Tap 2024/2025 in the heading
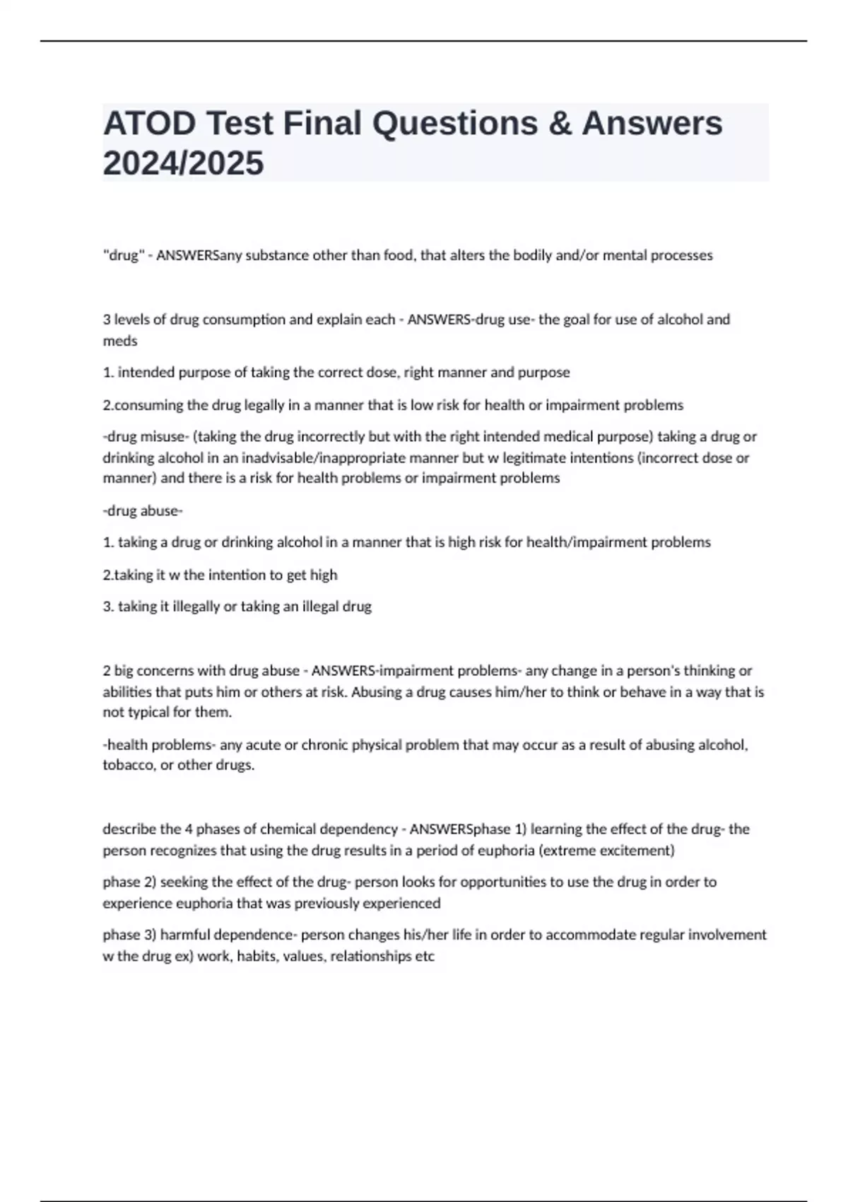tap(183, 163)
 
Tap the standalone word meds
tap(120, 341)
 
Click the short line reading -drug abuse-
tap(143, 510)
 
